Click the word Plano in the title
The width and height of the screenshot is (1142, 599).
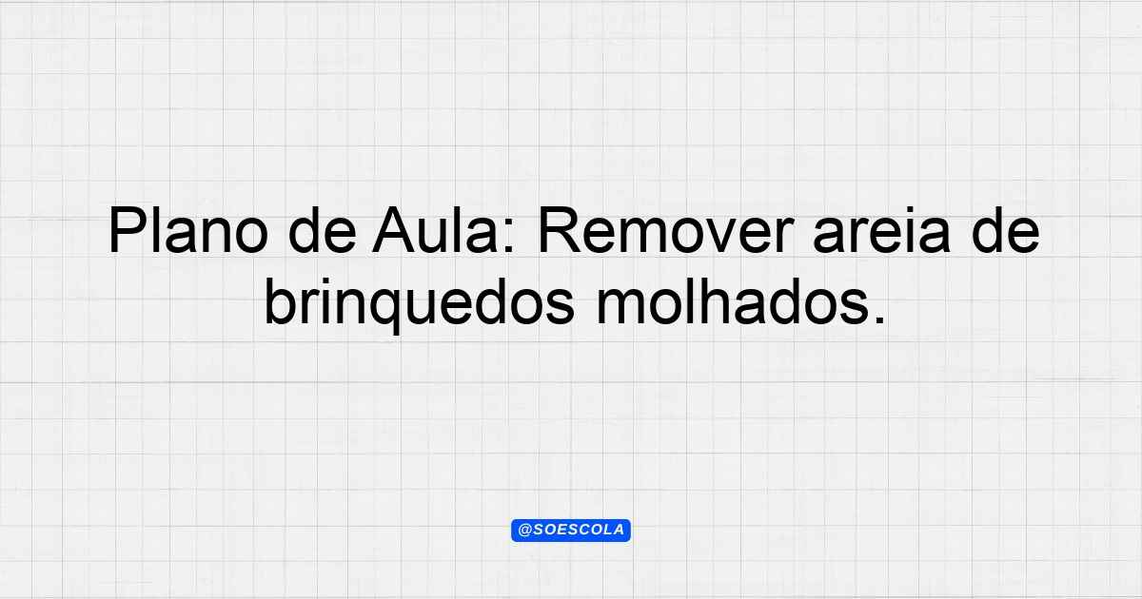pos(188,230)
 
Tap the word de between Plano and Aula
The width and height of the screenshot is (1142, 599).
pos(323,229)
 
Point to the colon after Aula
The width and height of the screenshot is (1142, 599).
pos(509,236)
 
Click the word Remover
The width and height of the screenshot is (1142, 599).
pos(666,230)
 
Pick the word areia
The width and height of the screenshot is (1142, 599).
pos(882,229)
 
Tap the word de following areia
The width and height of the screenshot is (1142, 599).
pos(1006,229)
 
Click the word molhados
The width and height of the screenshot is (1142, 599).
pos(733,300)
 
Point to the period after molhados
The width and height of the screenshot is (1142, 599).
pos(879,319)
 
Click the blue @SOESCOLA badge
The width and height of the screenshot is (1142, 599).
pos(571,531)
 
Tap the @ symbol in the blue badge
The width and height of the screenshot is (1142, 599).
pos(525,531)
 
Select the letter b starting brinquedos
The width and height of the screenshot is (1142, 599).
pos(281,300)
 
